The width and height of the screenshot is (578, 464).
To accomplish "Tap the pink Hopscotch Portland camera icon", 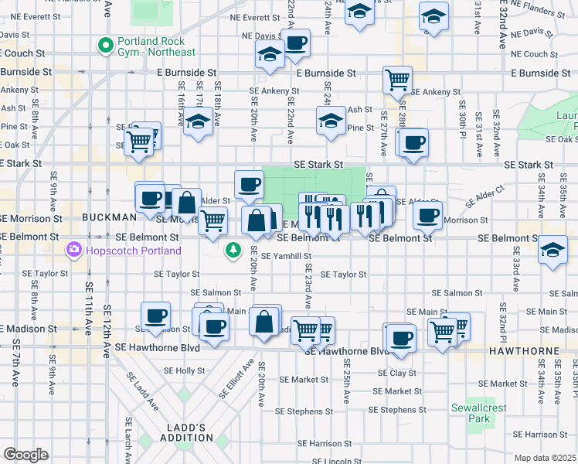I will [x=74, y=250].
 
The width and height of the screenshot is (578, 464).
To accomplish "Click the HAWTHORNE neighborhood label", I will [x=533, y=351].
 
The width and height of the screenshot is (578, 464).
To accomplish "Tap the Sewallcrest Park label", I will [x=480, y=413].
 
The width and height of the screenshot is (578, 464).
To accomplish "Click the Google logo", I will [x=25, y=455].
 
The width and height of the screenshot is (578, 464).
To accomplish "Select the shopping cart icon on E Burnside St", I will [x=397, y=78].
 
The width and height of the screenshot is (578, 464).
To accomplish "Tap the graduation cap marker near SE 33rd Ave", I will [x=553, y=250].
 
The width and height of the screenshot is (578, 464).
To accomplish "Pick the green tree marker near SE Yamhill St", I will [x=233, y=251].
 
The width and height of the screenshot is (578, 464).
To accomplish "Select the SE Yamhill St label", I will [x=286, y=256].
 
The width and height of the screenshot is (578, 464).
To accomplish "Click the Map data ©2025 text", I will [x=544, y=458].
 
